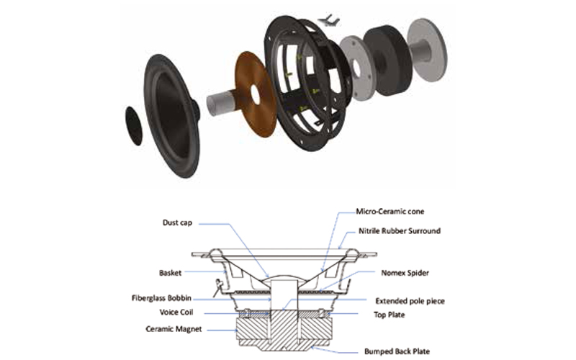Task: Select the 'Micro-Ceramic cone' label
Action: [x=391, y=212]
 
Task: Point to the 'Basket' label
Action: [x=170, y=273]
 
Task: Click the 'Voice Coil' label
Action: [x=175, y=312]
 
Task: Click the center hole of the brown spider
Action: [x=256, y=93]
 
